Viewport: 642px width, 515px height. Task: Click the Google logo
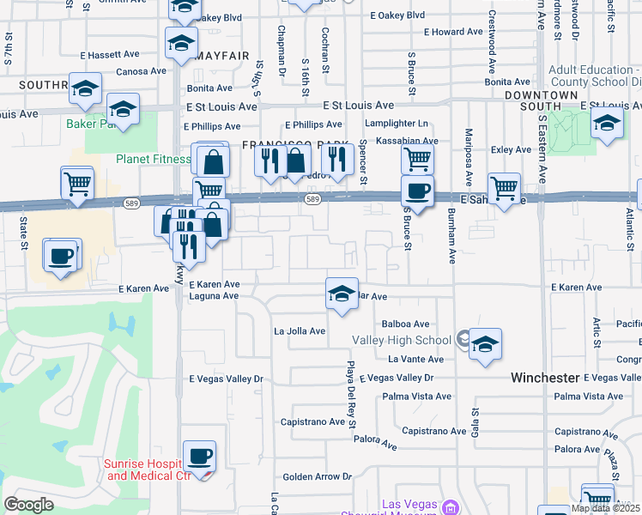[x=29, y=505]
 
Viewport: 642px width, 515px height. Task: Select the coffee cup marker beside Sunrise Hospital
[x=200, y=457]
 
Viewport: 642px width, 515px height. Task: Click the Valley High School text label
[x=402, y=340]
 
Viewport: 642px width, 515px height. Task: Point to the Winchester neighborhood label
[x=545, y=378]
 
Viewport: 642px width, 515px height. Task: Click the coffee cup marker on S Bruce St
[x=417, y=192]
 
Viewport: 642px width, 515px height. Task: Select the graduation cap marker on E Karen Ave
[x=342, y=294]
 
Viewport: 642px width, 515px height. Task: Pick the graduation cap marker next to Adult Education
[x=607, y=123]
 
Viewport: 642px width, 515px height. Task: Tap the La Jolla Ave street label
[x=300, y=331]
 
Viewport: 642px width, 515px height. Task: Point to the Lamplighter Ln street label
[x=396, y=124]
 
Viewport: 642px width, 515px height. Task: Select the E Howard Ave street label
[x=451, y=32]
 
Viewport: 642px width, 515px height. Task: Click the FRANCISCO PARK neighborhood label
[x=294, y=144]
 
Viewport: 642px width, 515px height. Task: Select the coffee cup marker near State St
[x=60, y=257]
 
